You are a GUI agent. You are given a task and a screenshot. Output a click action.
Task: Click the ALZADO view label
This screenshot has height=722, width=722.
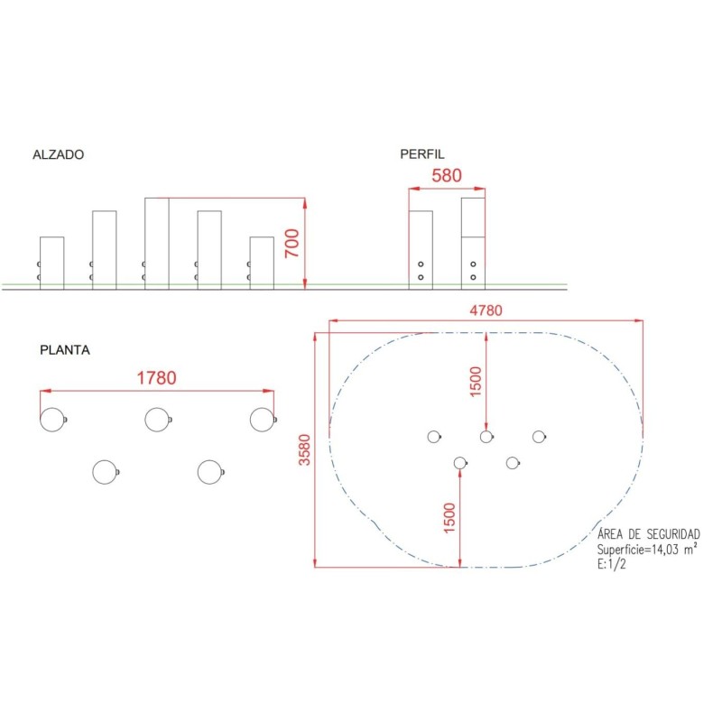point(59,154)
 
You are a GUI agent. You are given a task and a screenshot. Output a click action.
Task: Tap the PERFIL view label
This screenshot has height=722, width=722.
point(422,153)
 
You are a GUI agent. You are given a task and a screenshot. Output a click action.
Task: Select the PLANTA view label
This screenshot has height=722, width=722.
point(65,350)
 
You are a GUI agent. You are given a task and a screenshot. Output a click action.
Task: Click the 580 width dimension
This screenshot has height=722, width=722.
point(447,175)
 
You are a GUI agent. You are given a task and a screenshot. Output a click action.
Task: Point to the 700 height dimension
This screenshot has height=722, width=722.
point(292,243)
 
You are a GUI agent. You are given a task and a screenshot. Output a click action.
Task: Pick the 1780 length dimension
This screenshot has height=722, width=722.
point(156,378)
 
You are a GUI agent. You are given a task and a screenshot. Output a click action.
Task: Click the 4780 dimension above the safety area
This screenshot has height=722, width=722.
point(486,310)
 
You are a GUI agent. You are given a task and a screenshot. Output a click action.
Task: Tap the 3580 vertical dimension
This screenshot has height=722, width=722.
point(305,449)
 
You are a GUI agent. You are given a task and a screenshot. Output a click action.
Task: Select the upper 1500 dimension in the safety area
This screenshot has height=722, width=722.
point(476,382)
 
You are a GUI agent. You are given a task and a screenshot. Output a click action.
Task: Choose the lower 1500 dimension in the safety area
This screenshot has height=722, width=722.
point(449,518)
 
